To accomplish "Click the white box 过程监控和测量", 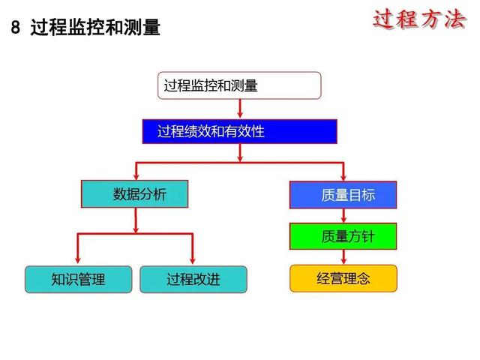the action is (x=239, y=85).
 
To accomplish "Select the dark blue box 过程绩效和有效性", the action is (x=240, y=132).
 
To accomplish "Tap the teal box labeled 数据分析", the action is (x=135, y=194).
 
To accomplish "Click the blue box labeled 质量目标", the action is (x=343, y=195).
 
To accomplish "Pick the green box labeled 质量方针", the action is (x=343, y=236).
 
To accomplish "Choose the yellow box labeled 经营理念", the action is (x=343, y=278).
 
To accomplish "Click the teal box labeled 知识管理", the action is (x=78, y=280).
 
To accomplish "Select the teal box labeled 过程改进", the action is (x=193, y=280).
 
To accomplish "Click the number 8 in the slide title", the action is (x=16, y=27).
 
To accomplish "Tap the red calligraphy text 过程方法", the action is (x=419, y=20).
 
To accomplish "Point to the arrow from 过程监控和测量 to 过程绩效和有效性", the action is (x=240, y=108).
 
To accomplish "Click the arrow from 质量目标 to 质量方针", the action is (x=343, y=216).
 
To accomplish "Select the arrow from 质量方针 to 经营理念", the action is (x=343, y=256).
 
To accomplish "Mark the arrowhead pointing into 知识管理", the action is (x=77, y=260).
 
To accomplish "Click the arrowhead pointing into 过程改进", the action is (x=193, y=260).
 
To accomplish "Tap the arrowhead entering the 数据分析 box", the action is (x=136, y=177).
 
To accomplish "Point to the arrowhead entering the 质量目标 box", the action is (x=343, y=178).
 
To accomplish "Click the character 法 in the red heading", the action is (x=455, y=20).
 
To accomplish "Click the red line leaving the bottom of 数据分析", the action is (x=136, y=220).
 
